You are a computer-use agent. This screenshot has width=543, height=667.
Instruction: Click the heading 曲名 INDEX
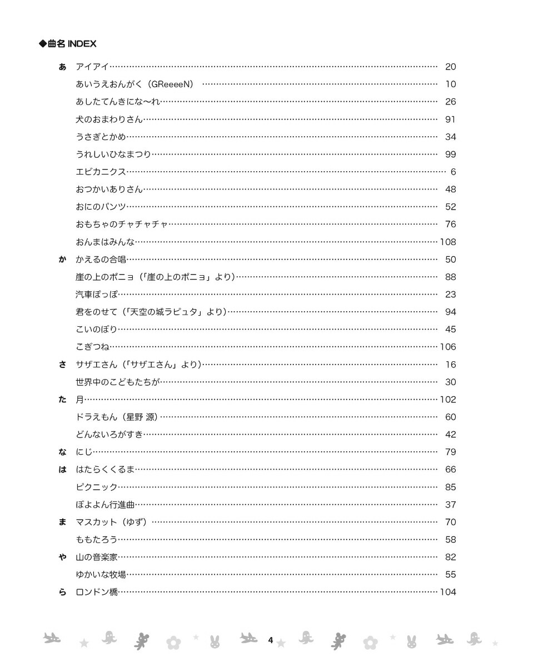click(67, 44)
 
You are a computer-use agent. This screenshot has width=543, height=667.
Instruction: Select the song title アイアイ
click(92, 67)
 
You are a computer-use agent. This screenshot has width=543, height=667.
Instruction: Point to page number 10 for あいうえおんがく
click(450, 84)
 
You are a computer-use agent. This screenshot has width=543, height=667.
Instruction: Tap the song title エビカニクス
click(101, 172)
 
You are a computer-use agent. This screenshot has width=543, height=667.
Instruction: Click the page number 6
click(453, 172)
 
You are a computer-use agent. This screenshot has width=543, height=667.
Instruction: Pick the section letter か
click(62, 260)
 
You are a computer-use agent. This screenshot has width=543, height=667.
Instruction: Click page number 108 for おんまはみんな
click(447, 242)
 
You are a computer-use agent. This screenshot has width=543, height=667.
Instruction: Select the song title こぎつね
click(92, 347)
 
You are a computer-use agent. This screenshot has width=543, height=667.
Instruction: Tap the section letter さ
click(62, 365)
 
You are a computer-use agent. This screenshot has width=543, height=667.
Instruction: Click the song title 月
click(79, 400)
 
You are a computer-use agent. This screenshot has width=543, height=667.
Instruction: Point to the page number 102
click(447, 400)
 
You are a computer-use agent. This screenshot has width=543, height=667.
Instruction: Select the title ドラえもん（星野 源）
click(117, 417)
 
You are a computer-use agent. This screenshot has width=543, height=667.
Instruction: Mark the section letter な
click(62, 452)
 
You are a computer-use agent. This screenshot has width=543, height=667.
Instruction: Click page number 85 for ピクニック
click(450, 487)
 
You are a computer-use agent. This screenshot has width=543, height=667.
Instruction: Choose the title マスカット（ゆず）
click(111, 522)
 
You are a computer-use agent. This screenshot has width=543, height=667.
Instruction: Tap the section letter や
click(62, 558)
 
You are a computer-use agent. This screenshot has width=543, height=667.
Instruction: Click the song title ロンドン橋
click(97, 593)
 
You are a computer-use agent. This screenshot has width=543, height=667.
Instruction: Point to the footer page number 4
click(271, 640)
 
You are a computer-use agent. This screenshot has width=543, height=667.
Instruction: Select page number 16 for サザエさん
click(450, 365)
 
